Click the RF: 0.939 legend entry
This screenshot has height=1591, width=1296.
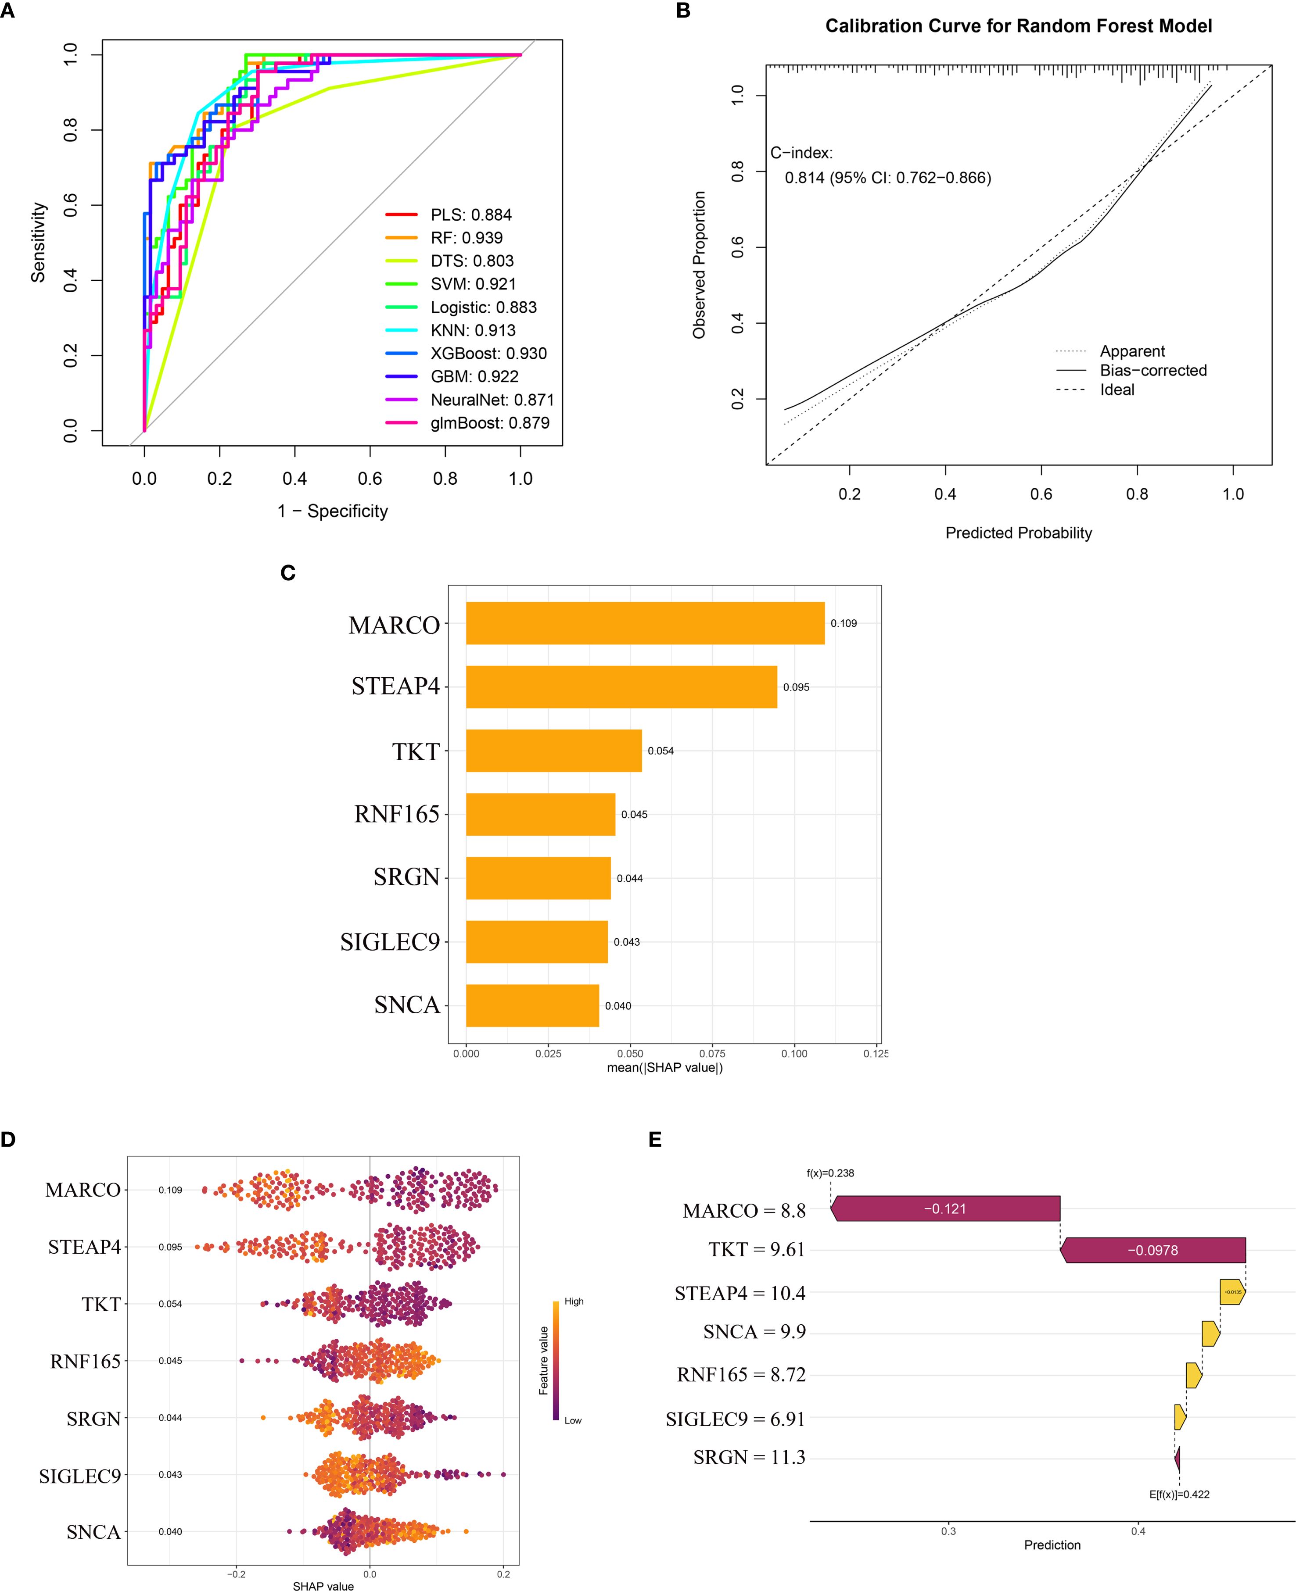click(466, 238)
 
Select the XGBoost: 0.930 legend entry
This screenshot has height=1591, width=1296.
click(488, 354)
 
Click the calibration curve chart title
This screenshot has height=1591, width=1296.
click(1018, 26)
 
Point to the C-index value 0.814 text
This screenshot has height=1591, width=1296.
click(888, 178)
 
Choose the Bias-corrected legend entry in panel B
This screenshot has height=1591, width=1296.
click(1152, 370)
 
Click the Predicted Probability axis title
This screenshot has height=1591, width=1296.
click(1018, 533)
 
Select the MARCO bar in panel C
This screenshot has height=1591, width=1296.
click(645, 623)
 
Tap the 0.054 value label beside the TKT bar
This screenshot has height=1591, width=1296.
click(661, 751)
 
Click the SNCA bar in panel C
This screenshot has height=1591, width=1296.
click(532, 1005)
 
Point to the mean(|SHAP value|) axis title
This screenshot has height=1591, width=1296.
click(664, 1067)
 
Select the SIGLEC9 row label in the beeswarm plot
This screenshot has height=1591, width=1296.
click(80, 1475)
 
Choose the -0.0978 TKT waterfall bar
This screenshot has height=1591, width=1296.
click(1152, 1250)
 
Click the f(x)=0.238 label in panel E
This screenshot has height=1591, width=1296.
click(830, 1173)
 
